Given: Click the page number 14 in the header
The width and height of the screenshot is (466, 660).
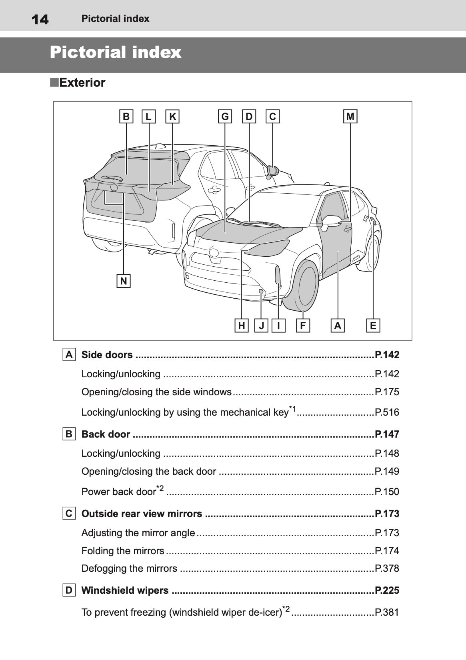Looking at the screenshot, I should [40, 19].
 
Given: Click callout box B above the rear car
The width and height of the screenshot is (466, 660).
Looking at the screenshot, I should [126, 117].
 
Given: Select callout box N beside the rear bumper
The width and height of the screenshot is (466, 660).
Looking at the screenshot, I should [124, 281].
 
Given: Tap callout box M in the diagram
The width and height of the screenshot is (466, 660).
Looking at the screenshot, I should [350, 117].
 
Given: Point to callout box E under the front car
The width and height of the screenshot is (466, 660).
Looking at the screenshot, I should [373, 326].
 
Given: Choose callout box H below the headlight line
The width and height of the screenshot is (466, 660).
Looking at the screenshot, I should [241, 326].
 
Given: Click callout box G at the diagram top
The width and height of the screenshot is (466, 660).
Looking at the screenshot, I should [225, 117].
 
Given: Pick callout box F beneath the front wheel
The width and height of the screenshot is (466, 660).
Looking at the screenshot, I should [303, 326].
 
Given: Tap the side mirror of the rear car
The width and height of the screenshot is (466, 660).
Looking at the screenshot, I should [273, 171].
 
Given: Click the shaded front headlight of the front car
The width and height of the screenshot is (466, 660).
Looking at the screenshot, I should [267, 248].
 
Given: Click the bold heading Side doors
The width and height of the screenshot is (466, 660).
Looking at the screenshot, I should [107, 355].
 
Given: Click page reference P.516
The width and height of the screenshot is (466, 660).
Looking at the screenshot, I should [387, 412].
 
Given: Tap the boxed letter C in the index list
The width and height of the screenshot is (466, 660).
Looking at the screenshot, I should [69, 513].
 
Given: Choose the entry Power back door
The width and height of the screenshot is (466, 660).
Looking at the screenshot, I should [118, 492].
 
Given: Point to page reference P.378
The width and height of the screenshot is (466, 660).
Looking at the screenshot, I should [387, 568].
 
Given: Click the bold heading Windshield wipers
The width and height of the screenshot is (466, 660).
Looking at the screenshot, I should [125, 590].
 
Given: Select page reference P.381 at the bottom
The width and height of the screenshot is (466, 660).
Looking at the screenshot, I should [387, 612].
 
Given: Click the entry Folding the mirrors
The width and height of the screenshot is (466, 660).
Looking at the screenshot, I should [123, 551].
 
